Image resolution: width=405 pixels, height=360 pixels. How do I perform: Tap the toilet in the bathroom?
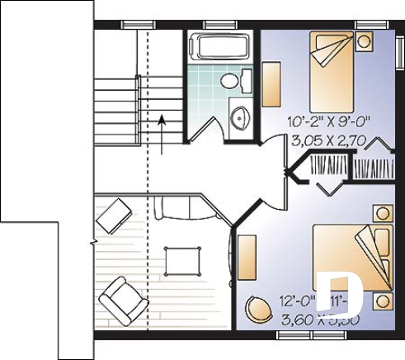tap(240, 80)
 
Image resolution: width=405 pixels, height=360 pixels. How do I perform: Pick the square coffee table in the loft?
tap(180, 263)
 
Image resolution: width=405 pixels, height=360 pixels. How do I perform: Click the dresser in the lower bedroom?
tap(247, 260)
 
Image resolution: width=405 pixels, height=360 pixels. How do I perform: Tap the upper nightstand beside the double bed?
tap(380, 214)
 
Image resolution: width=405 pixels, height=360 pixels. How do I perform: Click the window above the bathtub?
tap(218, 24)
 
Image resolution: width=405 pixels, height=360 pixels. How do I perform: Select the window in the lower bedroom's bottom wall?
tap(299, 337)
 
